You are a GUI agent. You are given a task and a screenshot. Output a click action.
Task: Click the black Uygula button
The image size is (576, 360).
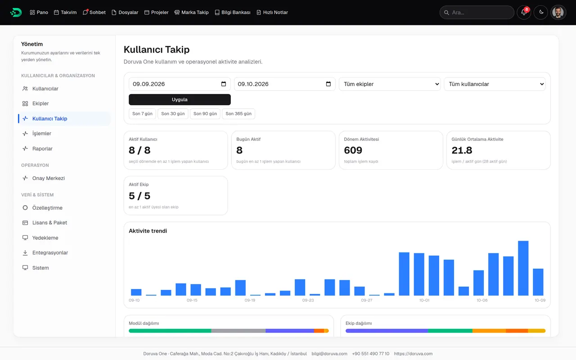[180, 99]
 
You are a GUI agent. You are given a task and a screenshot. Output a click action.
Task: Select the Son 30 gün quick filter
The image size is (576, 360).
[173, 114]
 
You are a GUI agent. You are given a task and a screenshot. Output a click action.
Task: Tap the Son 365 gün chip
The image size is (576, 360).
[238, 114]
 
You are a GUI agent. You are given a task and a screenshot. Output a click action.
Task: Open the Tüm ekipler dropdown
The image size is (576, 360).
[390, 84]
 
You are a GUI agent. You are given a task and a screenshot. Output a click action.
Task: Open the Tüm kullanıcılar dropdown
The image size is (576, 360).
[495, 84]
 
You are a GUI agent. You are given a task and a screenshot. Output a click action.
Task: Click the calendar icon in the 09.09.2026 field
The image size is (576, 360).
[224, 84]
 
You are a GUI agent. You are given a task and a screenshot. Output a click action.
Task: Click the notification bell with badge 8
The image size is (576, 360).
[524, 12]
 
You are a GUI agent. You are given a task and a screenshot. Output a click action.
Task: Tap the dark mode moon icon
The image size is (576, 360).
[541, 12]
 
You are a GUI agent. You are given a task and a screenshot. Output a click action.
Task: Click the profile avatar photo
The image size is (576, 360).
[558, 12]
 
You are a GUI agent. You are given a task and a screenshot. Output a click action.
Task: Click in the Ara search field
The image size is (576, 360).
[477, 12]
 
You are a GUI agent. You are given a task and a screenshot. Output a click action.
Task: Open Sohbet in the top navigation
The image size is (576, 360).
[94, 12]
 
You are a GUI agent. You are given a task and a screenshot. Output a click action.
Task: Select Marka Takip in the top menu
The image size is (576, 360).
[191, 12]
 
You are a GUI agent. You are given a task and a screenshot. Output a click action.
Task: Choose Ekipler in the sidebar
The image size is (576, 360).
[40, 103]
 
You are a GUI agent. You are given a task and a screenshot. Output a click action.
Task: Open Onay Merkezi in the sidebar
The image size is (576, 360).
[48, 178]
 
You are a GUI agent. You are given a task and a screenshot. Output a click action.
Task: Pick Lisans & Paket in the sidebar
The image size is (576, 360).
[49, 223]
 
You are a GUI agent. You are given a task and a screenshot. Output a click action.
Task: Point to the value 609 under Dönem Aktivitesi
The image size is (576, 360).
[353, 150]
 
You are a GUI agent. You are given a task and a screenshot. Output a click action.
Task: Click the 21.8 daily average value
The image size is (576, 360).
[462, 150]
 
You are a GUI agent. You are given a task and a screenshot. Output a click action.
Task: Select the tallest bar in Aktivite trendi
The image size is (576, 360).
[523, 268]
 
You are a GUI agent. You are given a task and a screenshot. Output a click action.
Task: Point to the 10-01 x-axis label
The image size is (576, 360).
[424, 300]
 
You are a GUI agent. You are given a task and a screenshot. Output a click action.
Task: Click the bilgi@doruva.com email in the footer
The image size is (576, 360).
[329, 354]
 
